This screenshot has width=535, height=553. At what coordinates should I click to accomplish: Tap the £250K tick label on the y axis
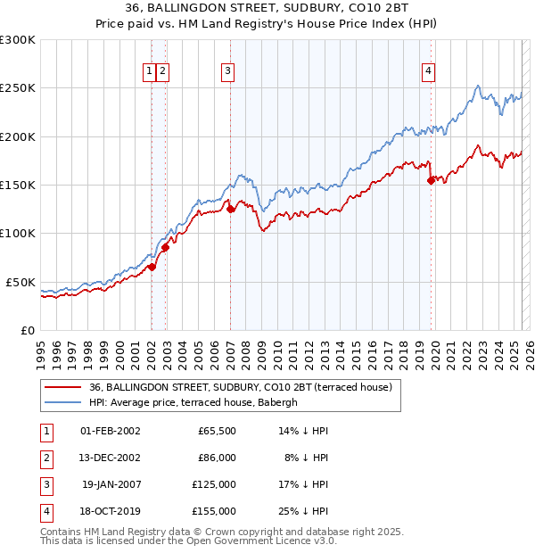[x=18, y=88]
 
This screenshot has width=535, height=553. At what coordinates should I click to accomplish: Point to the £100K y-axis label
[x=18, y=233]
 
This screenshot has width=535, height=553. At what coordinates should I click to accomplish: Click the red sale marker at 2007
[x=231, y=210]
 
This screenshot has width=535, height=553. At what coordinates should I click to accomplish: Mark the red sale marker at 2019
[x=432, y=180]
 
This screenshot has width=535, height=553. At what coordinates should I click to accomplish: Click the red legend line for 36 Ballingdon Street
[x=62, y=387]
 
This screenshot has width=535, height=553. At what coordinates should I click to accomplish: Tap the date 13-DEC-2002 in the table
[x=111, y=458]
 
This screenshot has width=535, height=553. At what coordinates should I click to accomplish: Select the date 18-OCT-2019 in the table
[x=111, y=511]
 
